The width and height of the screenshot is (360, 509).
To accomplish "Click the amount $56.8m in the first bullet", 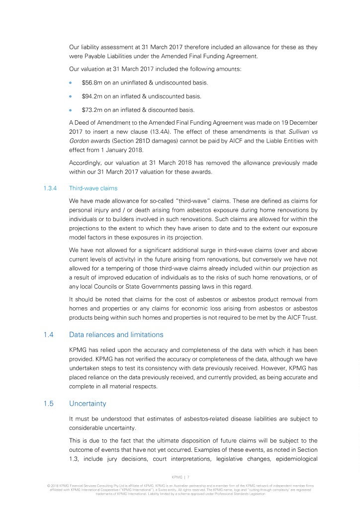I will click(91, 82).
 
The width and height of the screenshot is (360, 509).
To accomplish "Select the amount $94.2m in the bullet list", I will click(91, 96).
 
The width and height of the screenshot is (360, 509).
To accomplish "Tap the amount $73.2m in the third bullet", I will click(91, 110).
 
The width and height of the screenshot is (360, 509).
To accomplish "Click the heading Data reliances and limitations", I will click(116, 335).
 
